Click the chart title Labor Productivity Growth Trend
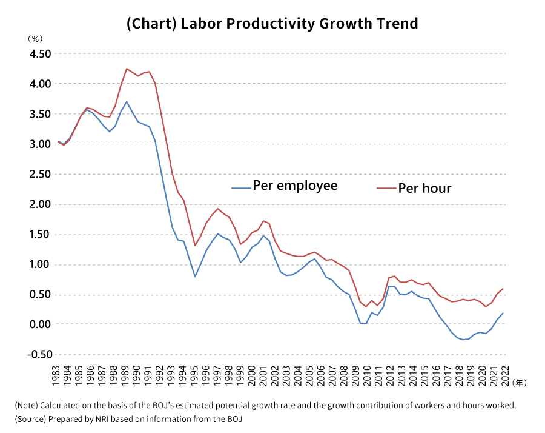click(272, 24)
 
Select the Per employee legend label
click(295, 185)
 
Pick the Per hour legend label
click(424, 188)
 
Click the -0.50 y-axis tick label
click(37, 355)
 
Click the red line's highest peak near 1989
click(127, 69)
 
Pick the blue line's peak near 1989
click(127, 101)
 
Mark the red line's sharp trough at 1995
click(195, 246)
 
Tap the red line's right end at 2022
click(503, 289)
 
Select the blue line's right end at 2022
click(503, 313)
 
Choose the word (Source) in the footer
click(30, 419)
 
